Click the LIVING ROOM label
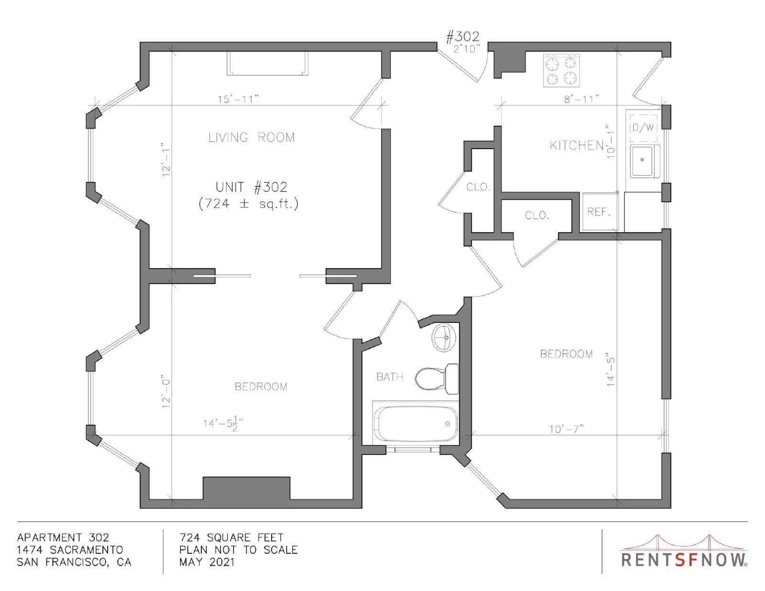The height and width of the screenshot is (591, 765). [x=251, y=137]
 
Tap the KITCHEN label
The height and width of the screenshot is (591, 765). [x=577, y=145]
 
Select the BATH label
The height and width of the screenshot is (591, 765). [x=389, y=377]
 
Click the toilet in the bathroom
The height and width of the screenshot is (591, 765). [x=437, y=379]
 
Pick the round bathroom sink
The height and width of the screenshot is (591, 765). [x=444, y=338]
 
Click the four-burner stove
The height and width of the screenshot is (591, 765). [x=561, y=70]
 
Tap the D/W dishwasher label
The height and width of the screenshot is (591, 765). [x=643, y=128]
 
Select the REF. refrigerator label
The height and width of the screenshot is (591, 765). [x=599, y=212]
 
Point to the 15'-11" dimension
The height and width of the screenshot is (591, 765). [x=238, y=99]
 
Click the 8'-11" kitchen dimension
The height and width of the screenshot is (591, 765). [x=581, y=99]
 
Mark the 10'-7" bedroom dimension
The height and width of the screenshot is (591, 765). [x=567, y=429]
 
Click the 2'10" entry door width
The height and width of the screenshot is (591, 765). [x=467, y=49]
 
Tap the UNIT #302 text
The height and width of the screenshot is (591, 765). [x=251, y=187]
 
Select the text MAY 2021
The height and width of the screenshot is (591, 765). [x=207, y=562]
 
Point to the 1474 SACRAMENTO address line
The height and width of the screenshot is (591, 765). [x=70, y=549]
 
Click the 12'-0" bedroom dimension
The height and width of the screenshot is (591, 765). [x=166, y=393]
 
